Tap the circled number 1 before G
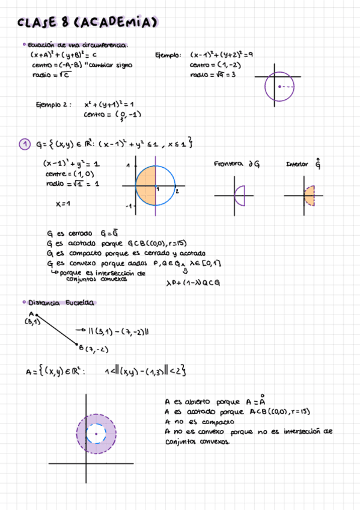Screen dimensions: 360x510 pos(24,144)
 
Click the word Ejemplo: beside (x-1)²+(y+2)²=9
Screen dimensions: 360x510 pos(168,55)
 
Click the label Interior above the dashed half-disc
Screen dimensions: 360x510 pos(297,164)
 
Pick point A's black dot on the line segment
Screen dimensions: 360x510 pos(37,315)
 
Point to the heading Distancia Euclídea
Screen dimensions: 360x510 pos(59,303)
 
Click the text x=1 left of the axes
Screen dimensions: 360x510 pos(63,204)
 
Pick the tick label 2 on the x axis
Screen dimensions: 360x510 pos(177,191)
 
